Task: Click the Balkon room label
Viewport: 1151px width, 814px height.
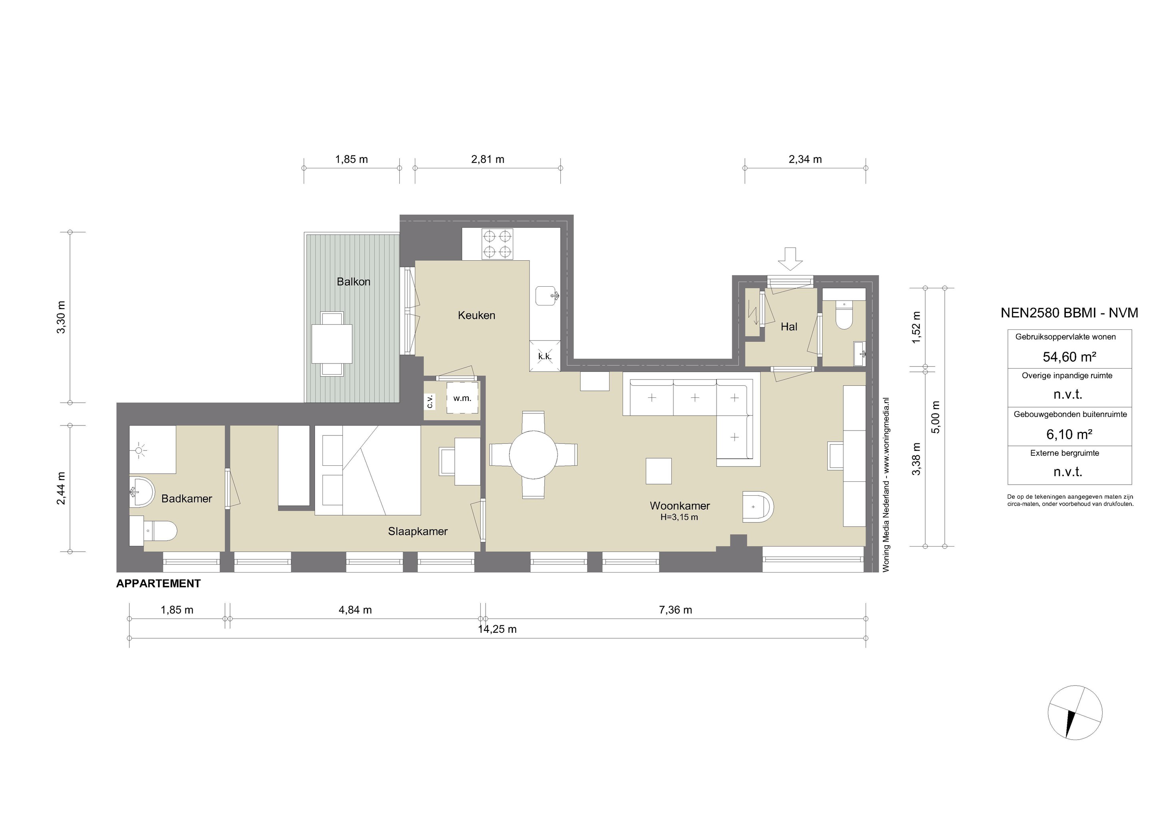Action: [353, 282]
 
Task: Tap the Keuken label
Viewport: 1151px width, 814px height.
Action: [476, 315]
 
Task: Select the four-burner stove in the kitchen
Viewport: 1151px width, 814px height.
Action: [497, 244]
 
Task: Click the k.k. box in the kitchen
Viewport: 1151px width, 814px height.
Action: [545, 356]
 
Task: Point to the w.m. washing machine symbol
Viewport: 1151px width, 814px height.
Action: [462, 398]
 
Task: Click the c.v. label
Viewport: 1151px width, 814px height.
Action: [430, 401]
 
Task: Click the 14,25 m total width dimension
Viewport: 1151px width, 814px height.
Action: [497, 629]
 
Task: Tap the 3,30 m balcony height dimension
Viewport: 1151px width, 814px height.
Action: [61, 317]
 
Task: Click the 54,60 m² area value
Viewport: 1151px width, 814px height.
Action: [1069, 357]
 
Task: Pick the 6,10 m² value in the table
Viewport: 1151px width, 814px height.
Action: [1069, 434]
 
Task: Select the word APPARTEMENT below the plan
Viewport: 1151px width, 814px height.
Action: [158, 584]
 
